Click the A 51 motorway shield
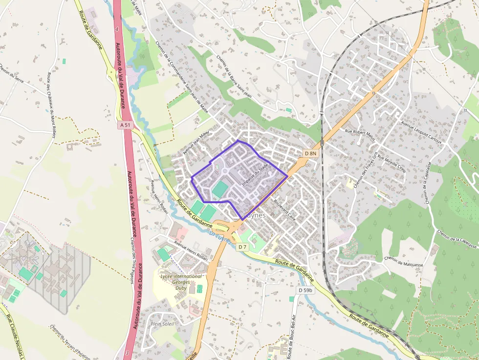(x=126, y=125)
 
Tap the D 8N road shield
(x=311, y=153)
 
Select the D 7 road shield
(x=242, y=247)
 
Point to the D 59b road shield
(x=305, y=290)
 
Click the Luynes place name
(x=254, y=215)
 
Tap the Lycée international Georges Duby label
(x=181, y=282)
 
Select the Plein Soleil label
(x=163, y=323)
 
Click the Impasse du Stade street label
(x=255, y=174)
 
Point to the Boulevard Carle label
(x=285, y=208)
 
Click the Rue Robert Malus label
(x=360, y=135)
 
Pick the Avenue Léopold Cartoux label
(x=421, y=132)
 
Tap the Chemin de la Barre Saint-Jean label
(x=234, y=77)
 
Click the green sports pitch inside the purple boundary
(x=220, y=190)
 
